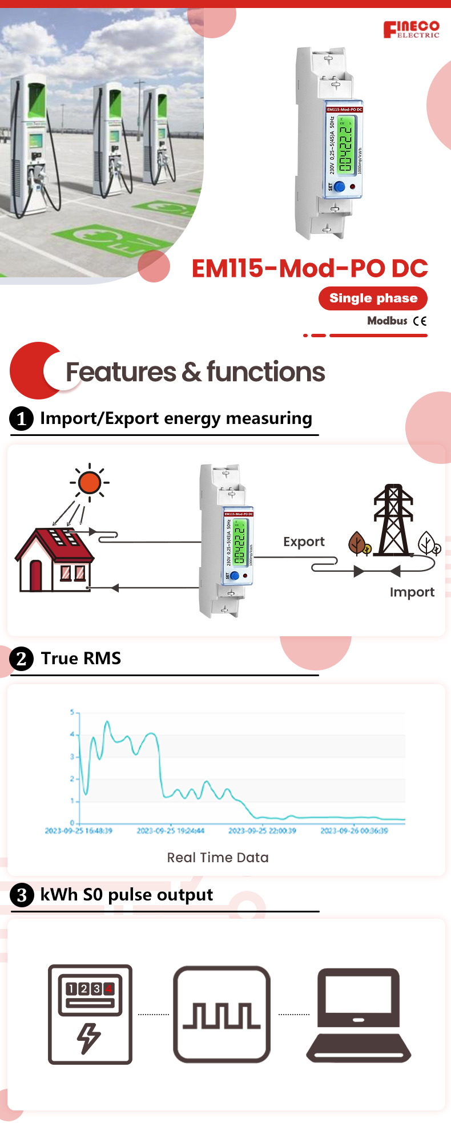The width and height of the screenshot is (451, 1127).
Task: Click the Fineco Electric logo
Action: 411,29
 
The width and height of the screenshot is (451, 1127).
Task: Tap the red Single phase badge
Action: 373,298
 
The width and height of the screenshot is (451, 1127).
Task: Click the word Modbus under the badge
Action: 387,321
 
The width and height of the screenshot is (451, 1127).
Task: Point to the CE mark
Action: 420,321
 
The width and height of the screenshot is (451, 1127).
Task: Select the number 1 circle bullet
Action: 22,419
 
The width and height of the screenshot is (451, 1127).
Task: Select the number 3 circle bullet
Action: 22,895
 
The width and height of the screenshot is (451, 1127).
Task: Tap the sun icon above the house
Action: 90,483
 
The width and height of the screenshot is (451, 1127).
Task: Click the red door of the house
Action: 36,575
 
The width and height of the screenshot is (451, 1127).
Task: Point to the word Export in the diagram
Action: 304,542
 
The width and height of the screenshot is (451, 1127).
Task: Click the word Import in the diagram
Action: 412,592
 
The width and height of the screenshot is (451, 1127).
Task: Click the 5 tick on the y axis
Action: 73,712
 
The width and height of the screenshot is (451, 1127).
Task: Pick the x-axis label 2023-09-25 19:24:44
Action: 170,831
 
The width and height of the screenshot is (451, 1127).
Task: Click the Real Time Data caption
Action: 218,858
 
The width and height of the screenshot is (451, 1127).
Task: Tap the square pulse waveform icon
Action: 222,1014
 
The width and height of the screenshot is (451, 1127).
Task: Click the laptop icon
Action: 359,1014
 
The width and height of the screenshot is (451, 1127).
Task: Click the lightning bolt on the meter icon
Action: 89,1037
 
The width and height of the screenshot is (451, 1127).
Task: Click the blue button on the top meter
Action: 339,187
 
